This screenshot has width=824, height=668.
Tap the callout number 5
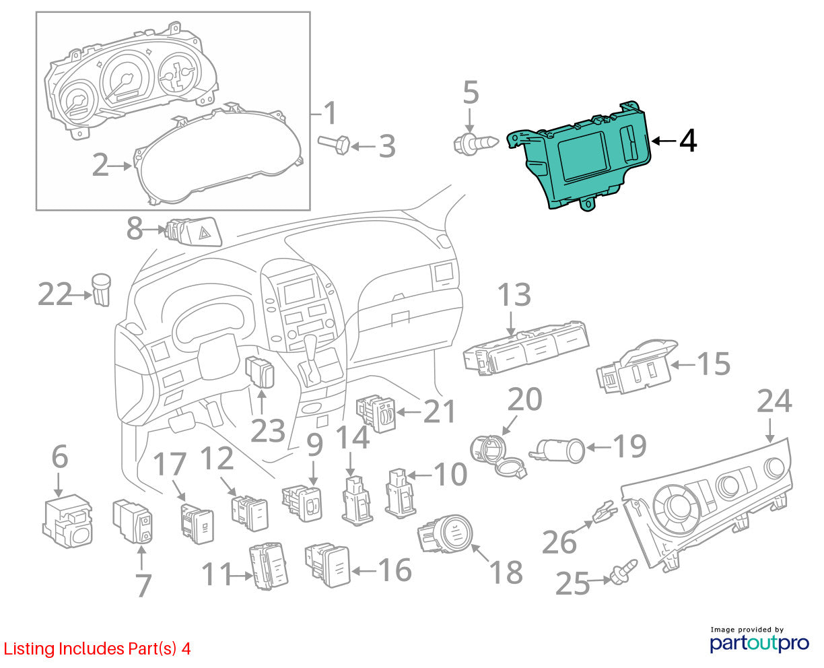(x=471, y=93)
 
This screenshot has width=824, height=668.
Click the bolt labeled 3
(x=333, y=145)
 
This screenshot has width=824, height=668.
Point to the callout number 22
(x=55, y=294)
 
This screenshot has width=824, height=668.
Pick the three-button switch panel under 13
(x=526, y=347)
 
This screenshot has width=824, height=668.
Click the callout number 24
(x=774, y=401)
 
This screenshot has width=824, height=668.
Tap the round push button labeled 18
(x=445, y=533)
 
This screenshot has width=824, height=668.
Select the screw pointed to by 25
(x=623, y=572)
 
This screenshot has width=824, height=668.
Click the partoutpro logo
(x=759, y=643)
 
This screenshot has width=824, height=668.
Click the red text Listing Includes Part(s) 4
(x=97, y=648)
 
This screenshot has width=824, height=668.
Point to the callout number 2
(x=100, y=165)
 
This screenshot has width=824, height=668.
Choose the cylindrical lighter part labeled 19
(x=557, y=450)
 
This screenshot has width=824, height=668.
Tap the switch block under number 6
(x=68, y=521)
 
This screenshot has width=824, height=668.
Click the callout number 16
(x=394, y=569)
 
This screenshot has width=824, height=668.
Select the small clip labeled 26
(x=605, y=512)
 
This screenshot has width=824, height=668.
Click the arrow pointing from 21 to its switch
(x=409, y=412)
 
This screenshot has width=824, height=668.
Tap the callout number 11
(x=217, y=574)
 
